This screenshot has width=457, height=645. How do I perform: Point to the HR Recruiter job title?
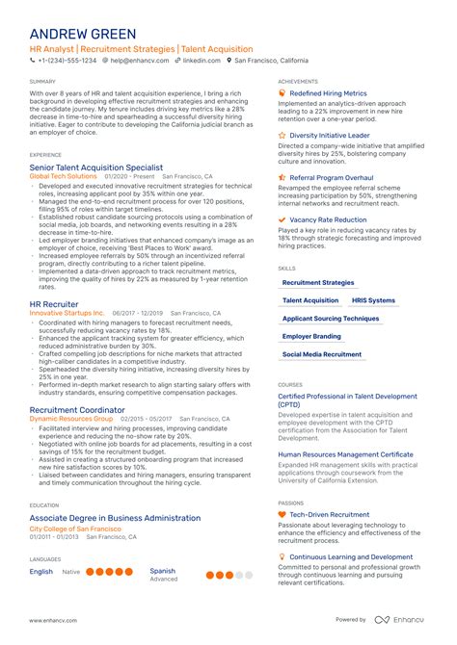point(54,303)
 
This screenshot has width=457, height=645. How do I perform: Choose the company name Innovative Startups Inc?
point(67,313)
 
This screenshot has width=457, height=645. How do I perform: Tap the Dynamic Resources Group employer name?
point(71,420)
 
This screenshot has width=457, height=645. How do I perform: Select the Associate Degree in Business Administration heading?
point(115,518)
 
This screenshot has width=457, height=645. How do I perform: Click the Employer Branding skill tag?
point(311,337)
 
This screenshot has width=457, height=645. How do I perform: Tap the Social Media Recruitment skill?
point(322,354)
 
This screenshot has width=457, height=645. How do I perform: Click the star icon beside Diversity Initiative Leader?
point(282,136)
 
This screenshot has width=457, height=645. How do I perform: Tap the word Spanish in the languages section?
point(163,571)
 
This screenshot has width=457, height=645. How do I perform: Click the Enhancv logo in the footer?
point(401,619)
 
